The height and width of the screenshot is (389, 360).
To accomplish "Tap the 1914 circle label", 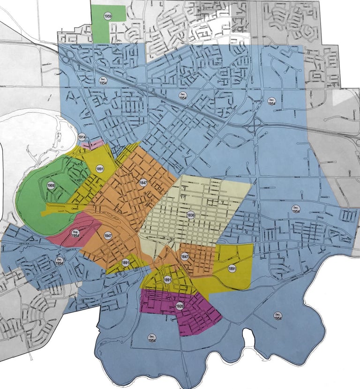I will [x=82, y=137].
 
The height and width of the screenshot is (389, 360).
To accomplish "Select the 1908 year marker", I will [x=51, y=185].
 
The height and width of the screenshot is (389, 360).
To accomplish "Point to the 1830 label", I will [x=190, y=215].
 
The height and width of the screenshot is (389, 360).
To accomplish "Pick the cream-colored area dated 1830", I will [x=211, y=197].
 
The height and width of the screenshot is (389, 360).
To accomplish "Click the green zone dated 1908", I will [x=33, y=206].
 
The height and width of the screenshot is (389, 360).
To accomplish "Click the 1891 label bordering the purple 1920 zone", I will [x=167, y=280].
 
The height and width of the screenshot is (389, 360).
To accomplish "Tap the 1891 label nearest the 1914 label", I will [x=99, y=168].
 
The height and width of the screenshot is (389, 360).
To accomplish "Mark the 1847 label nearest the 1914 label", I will [x=143, y=182].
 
